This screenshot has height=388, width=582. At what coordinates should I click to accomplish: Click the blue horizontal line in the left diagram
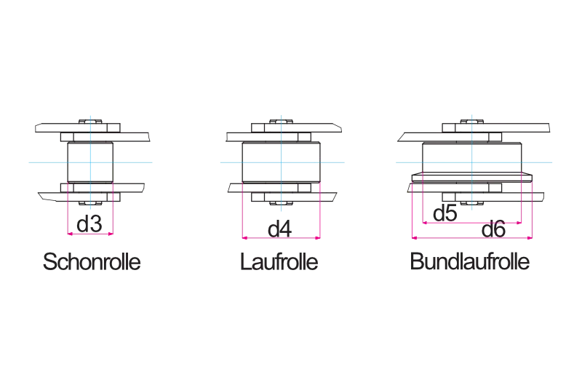tap(44, 160)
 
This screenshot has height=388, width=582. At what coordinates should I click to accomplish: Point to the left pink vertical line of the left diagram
tap(67, 211)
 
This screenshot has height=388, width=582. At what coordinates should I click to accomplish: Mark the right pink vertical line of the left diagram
tap(113, 211)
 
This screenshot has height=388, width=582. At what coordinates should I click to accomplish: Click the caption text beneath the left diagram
tap(92, 263)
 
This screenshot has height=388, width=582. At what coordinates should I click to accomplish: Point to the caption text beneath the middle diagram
tap(279, 263)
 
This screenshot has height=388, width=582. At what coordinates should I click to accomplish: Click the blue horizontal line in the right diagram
tap(436, 160)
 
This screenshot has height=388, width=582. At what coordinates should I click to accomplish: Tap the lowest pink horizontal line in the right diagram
tap(451, 237)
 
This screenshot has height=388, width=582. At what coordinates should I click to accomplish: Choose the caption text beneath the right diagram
tap(468, 263)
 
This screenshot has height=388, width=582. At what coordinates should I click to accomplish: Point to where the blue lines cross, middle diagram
tap(282, 160)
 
